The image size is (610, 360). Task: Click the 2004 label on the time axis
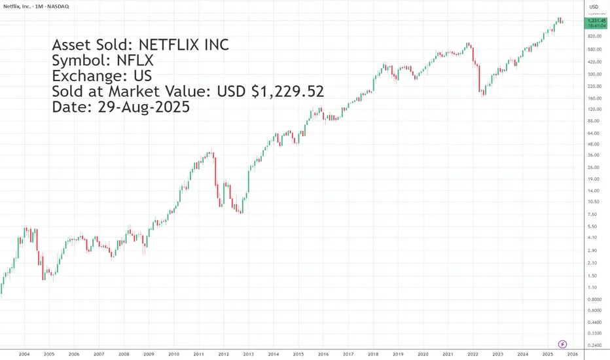pos(24,354)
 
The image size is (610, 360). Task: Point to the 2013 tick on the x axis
pos(249,354)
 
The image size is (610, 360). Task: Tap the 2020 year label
pos(423,354)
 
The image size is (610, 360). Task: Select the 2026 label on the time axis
pos(572,354)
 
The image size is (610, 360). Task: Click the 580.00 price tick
pos(595,50)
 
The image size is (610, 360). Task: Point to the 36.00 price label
pos(594,155)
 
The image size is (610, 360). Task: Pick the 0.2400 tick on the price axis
pos(595,346)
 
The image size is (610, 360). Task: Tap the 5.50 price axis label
pos(592,226)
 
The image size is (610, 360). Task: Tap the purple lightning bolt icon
pos(562,343)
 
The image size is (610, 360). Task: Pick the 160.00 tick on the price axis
pos(595,98)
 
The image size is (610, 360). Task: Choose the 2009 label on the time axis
pos(149,354)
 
